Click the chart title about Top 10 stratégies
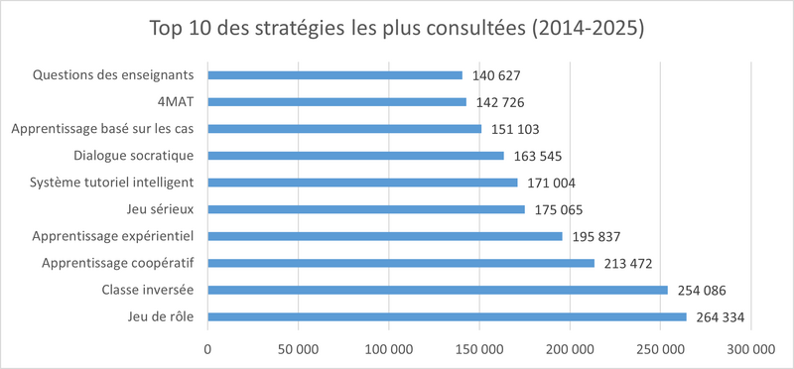point(397,28)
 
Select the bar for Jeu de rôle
point(447,317)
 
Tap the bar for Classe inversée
point(438,290)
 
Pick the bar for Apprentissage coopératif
point(401,263)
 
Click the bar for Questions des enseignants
point(335,74)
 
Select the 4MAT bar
point(336,101)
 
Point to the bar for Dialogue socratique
point(355,155)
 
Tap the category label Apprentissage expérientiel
point(113,236)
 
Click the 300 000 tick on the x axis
point(751,348)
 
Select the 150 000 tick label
point(479,348)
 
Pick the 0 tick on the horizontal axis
point(207,348)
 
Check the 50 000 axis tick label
point(298,348)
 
